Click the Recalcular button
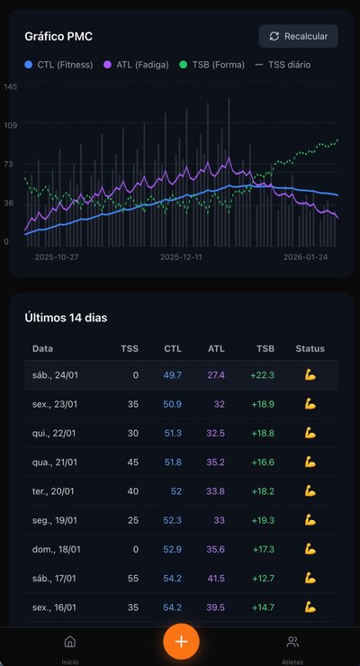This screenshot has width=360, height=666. [299, 36]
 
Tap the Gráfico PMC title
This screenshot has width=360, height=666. [58, 37]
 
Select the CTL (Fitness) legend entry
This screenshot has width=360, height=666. [58, 65]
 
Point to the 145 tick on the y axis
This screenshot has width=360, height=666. [10, 86]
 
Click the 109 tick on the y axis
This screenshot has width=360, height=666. [10, 125]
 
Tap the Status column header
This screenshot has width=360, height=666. [310, 348]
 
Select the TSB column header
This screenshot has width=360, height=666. [265, 348]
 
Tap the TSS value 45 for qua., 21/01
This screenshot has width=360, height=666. [132, 462]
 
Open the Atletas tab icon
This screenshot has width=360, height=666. [292, 642]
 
